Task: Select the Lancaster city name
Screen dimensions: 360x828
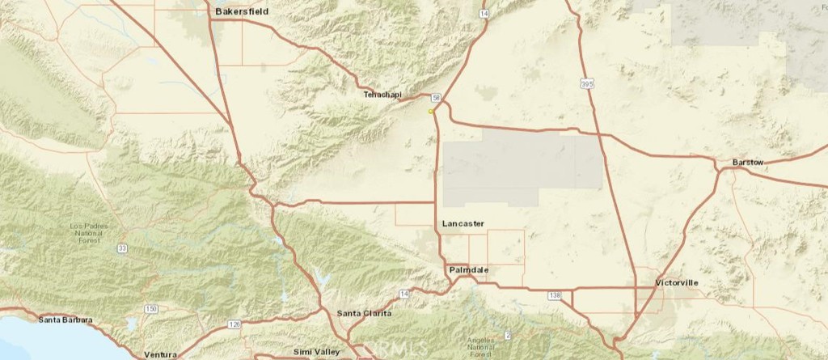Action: point(463,222)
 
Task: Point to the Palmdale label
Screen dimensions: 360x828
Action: point(469,269)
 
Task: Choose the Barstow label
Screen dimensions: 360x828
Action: point(748,163)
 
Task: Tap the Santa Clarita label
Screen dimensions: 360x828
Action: point(364,313)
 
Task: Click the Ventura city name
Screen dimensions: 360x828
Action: point(160,354)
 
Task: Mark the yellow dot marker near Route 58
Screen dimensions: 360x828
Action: point(431,111)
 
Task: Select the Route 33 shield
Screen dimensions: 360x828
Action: point(121,248)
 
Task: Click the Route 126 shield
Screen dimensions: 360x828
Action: point(234,324)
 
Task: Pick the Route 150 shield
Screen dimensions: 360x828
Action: point(151,309)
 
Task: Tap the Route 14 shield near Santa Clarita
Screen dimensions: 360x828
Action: point(403,292)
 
